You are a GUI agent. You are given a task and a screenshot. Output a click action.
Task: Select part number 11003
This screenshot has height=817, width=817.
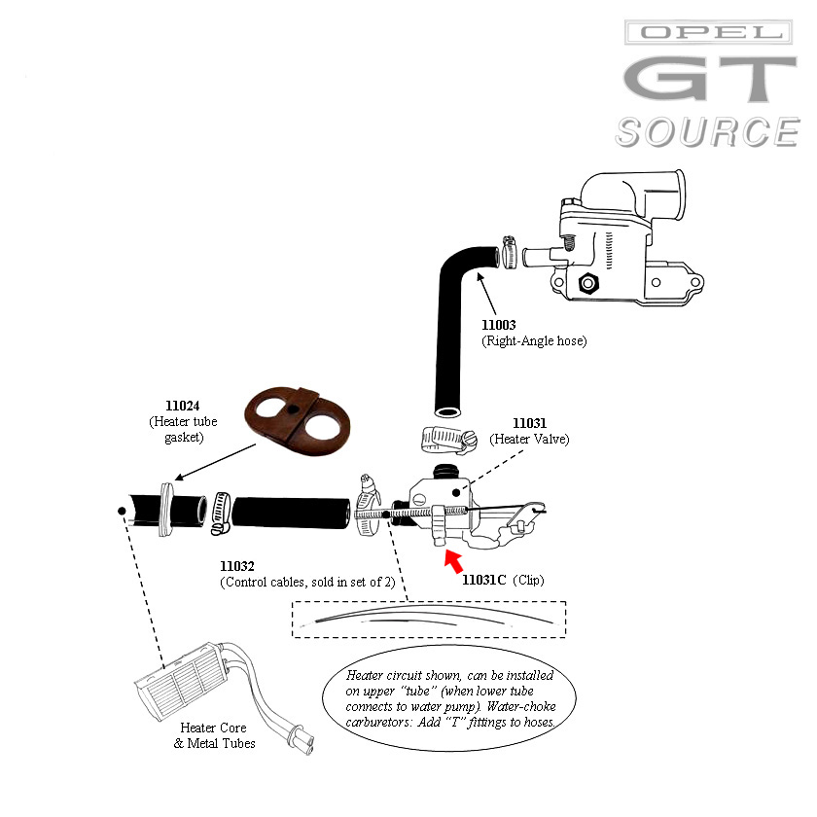[500, 325]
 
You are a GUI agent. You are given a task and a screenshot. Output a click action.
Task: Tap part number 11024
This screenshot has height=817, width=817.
[182, 405]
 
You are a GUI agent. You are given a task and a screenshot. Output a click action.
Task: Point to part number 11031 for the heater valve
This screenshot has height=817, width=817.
[530, 423]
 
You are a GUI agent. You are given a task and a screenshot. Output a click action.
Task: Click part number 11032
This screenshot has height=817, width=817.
[237, 566]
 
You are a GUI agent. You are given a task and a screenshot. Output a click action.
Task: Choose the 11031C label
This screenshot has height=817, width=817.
[483, 581]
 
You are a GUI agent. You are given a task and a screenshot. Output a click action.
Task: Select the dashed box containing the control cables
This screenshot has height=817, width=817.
[429, 619]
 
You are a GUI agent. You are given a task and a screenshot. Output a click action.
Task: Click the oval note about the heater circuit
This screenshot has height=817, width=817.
[449, 698]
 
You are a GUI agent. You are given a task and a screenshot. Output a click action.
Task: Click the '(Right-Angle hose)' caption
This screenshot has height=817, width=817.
[534, 341]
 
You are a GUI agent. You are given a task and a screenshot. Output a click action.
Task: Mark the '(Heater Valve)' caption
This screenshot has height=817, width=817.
[531, 440]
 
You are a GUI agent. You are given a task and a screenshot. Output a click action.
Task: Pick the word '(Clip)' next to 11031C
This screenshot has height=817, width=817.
[528, 581]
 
